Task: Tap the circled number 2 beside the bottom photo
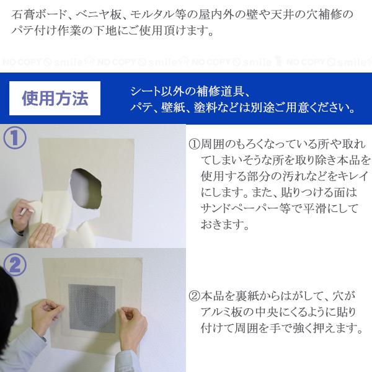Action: click(x=15, y=264)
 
